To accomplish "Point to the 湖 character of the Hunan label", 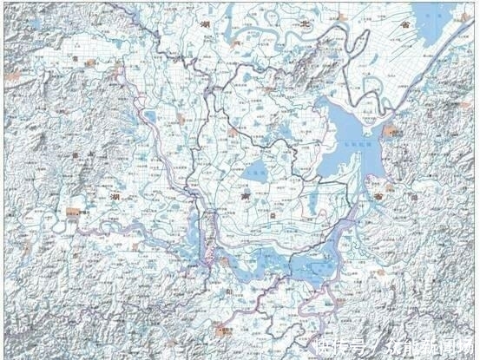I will pyautogui.click(x=115, y=198).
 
